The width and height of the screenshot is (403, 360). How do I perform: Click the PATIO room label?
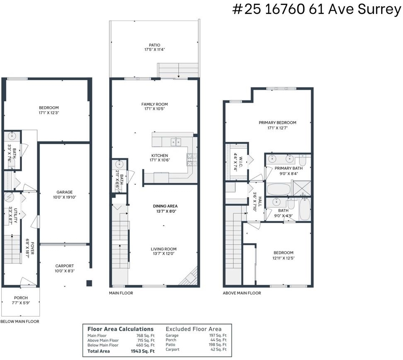[154, 45]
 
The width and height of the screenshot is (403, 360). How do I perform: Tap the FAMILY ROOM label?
[154, 104]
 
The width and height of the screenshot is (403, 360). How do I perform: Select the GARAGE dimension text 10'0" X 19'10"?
[65, 197]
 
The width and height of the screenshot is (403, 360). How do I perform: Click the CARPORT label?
[65, 266]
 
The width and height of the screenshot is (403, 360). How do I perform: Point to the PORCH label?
[21, 298]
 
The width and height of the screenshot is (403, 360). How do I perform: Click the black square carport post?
[89, 283]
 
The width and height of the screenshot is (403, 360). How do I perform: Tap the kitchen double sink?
[176, 142]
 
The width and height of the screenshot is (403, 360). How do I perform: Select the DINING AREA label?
[165, 206]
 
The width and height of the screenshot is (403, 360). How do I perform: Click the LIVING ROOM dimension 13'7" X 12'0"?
[164, 254]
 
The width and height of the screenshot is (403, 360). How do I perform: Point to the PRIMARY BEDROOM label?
[277, 123]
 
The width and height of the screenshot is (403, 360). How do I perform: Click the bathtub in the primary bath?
[278, 189]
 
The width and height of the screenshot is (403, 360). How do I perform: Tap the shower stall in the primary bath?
[302, 188]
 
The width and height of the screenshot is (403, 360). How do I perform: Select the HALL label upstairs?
[260, 201]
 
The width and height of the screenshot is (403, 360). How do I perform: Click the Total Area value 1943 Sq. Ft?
[143, 351]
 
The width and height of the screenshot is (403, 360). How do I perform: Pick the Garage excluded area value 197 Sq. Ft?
[218, 335]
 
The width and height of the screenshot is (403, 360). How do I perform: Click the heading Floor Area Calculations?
[120, 329]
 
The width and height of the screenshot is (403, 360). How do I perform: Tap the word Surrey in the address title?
[379, 10]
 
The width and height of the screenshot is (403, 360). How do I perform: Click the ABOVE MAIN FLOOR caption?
[242, 293]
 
